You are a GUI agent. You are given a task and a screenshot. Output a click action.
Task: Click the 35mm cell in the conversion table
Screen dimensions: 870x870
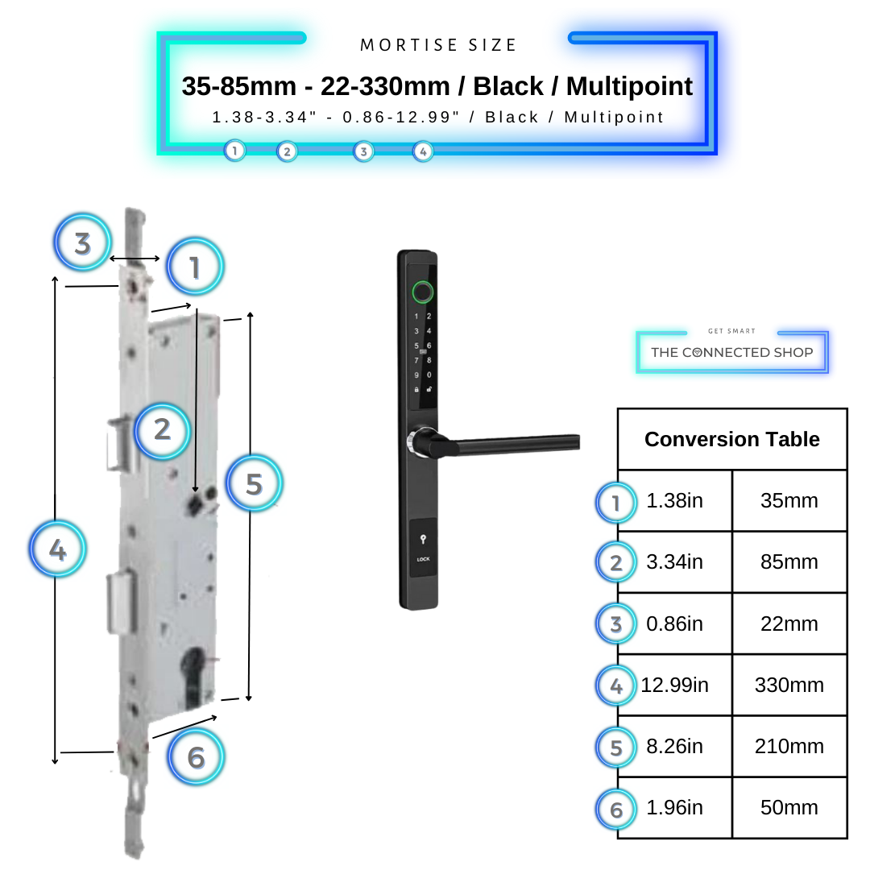(789, 501)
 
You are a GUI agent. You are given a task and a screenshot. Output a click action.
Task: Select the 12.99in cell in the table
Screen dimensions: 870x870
(675, 686)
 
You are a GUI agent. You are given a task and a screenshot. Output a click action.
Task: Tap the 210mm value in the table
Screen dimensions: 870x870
(789, 747)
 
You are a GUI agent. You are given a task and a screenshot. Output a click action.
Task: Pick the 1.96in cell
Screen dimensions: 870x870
(675, 808)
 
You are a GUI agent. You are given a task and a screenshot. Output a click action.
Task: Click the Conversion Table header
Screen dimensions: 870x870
(731, 439)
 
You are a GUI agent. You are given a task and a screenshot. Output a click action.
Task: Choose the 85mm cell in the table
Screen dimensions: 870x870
(789, 562)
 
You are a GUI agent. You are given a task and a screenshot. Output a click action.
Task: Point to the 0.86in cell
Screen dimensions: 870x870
(675, 624)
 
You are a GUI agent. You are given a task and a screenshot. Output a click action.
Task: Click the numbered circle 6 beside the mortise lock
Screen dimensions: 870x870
(196, 757)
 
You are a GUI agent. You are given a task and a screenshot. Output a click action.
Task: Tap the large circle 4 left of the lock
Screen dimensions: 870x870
(57, 550)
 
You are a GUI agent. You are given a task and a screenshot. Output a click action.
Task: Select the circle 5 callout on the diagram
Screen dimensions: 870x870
(254, 484)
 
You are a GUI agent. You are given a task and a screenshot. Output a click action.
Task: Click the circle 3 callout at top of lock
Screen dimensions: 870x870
(82, 242)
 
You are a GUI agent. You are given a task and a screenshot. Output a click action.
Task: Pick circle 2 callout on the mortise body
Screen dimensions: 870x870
(162, 429)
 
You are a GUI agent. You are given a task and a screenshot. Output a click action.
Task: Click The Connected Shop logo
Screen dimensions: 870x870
(731, 352)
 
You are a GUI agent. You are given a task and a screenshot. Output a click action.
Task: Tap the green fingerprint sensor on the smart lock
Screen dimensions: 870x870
(422, 291)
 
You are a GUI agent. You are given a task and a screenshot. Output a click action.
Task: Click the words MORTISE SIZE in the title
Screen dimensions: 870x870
(438, 45)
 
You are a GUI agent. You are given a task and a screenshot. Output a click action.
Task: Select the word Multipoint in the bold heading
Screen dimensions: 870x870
(629, 86)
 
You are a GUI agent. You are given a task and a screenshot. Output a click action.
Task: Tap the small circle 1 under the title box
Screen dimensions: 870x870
(234, 151)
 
